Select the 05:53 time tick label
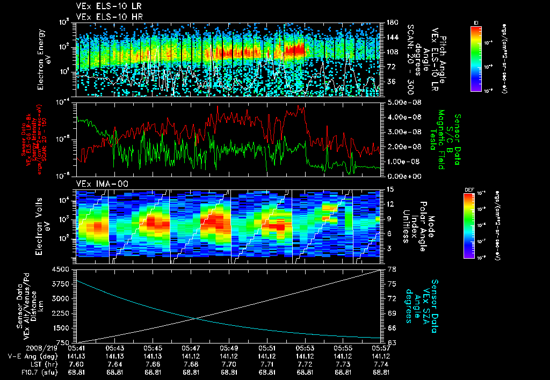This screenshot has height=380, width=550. pyautogui.click(x=305, y=348)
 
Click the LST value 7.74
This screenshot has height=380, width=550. pyautogui.click(x=381, y=363)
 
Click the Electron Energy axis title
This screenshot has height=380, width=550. pyautogui.click(x=44, y=60)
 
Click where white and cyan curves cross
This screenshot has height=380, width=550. pyautogui.click(x=194, y=319)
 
